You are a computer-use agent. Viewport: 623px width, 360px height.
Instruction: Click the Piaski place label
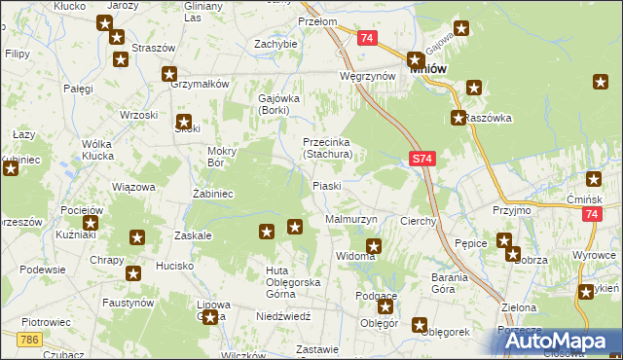[326, 186]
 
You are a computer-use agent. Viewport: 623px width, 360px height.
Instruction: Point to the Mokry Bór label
[223, 157]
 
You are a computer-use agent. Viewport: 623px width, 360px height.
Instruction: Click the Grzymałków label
[199, 84]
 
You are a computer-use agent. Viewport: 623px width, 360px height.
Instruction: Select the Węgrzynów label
[367, 75]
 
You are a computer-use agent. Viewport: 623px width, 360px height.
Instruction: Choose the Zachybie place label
[275, 44]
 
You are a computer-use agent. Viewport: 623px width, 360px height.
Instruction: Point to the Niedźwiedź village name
[283, 316]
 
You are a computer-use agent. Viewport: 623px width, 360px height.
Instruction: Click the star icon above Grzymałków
[169, 73]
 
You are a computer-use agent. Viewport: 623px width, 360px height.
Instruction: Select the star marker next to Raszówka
[458, 119]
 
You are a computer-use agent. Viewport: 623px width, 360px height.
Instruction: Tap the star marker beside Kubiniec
[11, 168]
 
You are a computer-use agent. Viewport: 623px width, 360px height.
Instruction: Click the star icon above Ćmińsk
[595, 179]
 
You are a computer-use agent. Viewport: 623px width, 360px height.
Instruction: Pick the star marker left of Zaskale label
[137, 236]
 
